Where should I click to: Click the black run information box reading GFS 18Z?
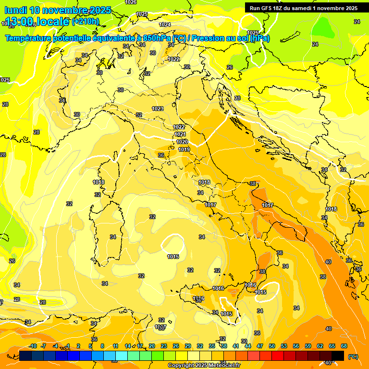304,8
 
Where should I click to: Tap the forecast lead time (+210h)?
86,21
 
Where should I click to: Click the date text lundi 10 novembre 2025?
58,10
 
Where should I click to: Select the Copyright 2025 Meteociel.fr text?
204,366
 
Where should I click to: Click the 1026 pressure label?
130,2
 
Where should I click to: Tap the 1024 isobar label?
165,25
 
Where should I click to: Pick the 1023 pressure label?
157,109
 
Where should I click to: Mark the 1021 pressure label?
180,134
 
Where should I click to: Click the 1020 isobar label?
182,142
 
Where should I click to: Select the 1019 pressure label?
184,149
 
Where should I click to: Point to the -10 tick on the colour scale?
33,346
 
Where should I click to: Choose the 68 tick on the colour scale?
344,346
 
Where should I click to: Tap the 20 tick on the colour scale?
151,346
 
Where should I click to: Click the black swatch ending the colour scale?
338,356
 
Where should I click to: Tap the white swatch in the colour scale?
194,356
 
